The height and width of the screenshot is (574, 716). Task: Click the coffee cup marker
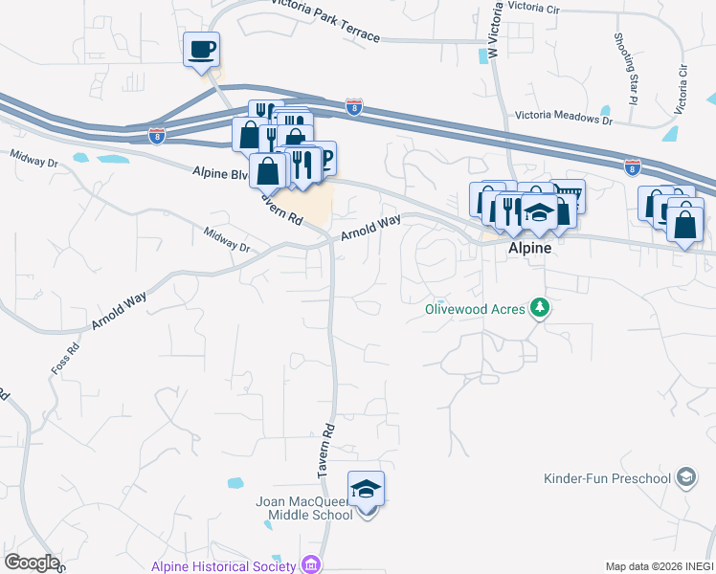(201, 49)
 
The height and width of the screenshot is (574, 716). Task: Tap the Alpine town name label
(529, 246)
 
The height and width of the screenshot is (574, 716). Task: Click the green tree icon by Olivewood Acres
(541, 307)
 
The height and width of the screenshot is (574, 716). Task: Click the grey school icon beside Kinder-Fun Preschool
(684, 476)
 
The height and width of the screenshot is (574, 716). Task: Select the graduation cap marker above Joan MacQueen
(366, 490)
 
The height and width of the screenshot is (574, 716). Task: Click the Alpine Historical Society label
(223, 565)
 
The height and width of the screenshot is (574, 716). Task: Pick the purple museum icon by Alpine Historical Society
(309, 564)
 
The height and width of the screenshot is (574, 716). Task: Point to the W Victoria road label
(495, 31)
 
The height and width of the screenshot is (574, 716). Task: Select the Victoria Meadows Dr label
(563, 119)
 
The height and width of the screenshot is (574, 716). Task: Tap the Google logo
(32, 563)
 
